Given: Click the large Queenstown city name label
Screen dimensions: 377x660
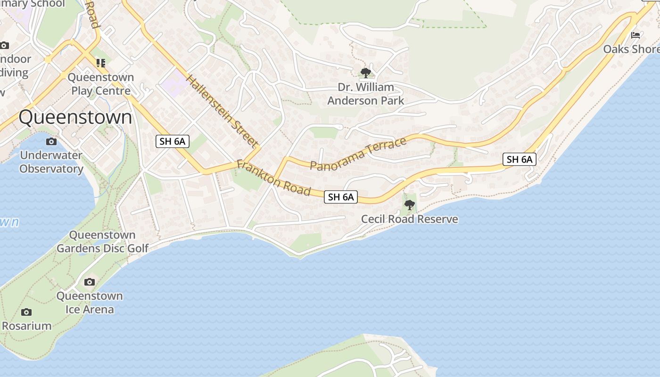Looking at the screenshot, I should pos(75,117).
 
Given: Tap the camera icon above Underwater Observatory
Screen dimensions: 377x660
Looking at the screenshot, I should pos(51,142).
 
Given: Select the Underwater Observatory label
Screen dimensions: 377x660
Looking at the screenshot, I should pos(51,162).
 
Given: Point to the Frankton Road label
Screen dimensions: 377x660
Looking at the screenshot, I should pos(273,178).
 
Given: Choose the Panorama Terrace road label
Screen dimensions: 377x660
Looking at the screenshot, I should pos(358,154).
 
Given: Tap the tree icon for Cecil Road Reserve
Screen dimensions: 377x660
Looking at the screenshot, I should pos(410,205).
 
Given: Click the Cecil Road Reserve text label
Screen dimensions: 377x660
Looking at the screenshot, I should pos(409,219).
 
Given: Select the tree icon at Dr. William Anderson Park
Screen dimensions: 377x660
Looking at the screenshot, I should pos(365,73).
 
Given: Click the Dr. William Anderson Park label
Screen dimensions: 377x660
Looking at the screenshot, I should pos(366,94).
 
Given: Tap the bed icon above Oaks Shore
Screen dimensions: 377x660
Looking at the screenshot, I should pos(635,35).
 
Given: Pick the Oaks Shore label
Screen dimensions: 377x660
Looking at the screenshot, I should pos(631,49).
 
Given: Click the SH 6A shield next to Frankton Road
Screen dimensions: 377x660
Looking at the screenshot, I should pos(341,197).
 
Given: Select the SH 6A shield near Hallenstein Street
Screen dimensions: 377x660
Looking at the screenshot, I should pos(173,141).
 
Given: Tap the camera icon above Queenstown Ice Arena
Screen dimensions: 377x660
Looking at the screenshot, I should pos(89,282).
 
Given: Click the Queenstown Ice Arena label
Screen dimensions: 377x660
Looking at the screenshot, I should pos(90,303).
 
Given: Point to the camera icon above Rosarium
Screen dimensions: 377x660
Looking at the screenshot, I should pos(26,312).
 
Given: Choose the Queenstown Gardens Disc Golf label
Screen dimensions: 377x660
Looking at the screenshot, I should pos(102,241).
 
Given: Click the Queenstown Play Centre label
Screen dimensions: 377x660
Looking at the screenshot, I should pos(101,84).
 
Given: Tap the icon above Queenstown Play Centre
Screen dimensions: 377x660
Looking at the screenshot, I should pos(100,63).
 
